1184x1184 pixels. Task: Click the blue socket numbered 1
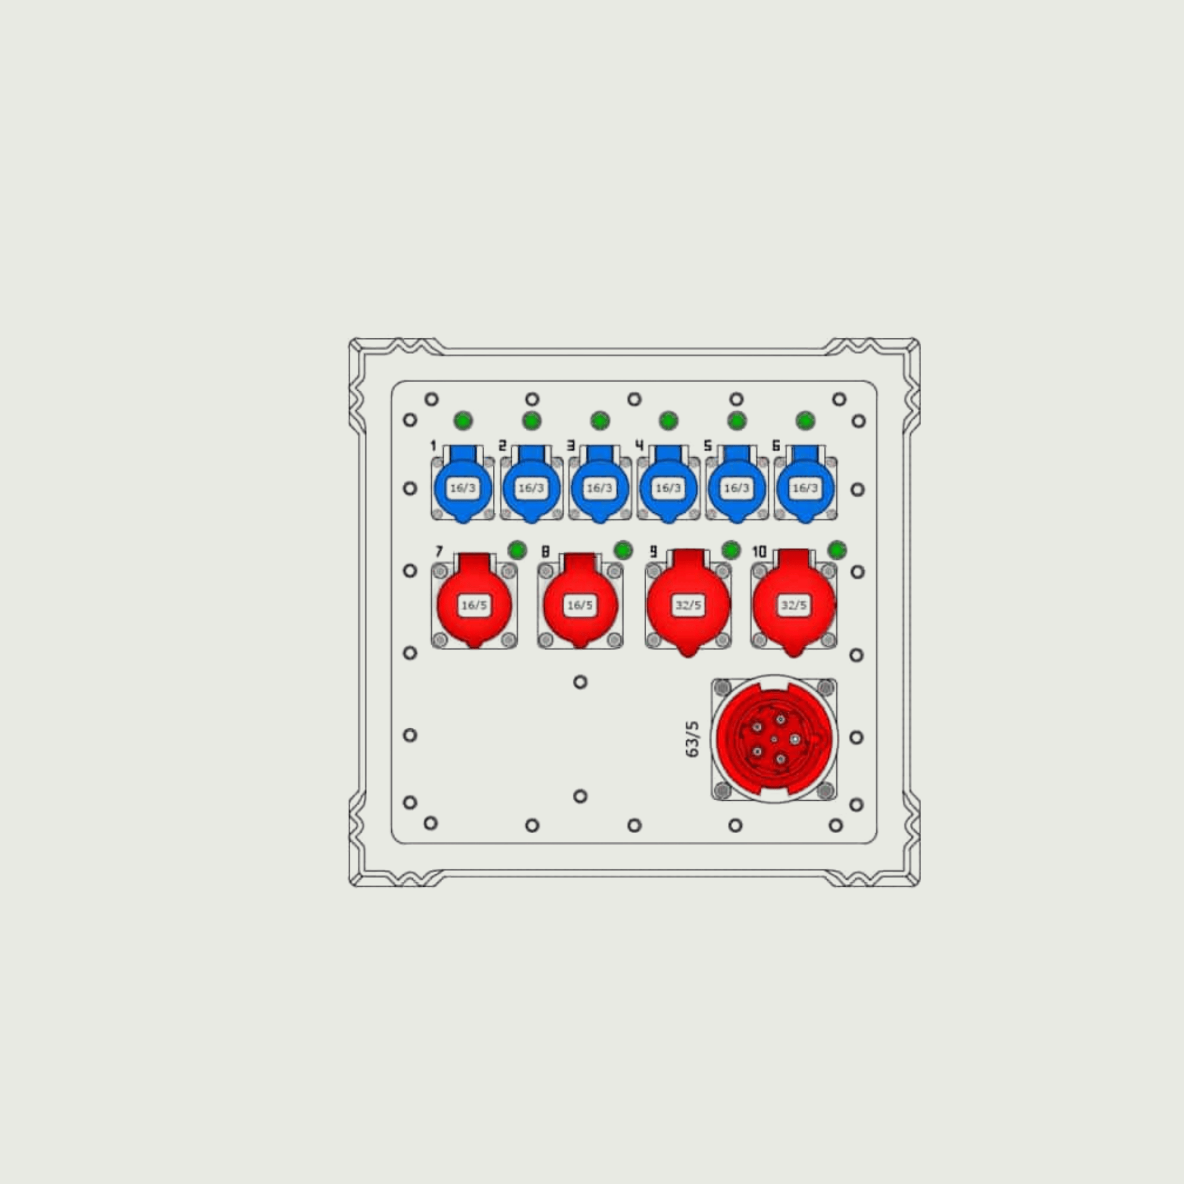(x=463, y=486)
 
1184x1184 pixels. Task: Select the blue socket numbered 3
(x=599, y=486)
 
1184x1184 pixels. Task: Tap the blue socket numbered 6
(x=805, y=486)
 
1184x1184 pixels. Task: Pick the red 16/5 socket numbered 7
(x=474, y=602)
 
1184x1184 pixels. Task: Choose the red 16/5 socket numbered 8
(x=580, y=602)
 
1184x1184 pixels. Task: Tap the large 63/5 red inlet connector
(x=775, y=739)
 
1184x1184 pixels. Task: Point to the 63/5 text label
(x=692, y=740)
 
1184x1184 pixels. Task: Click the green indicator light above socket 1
(x=463, y=421)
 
